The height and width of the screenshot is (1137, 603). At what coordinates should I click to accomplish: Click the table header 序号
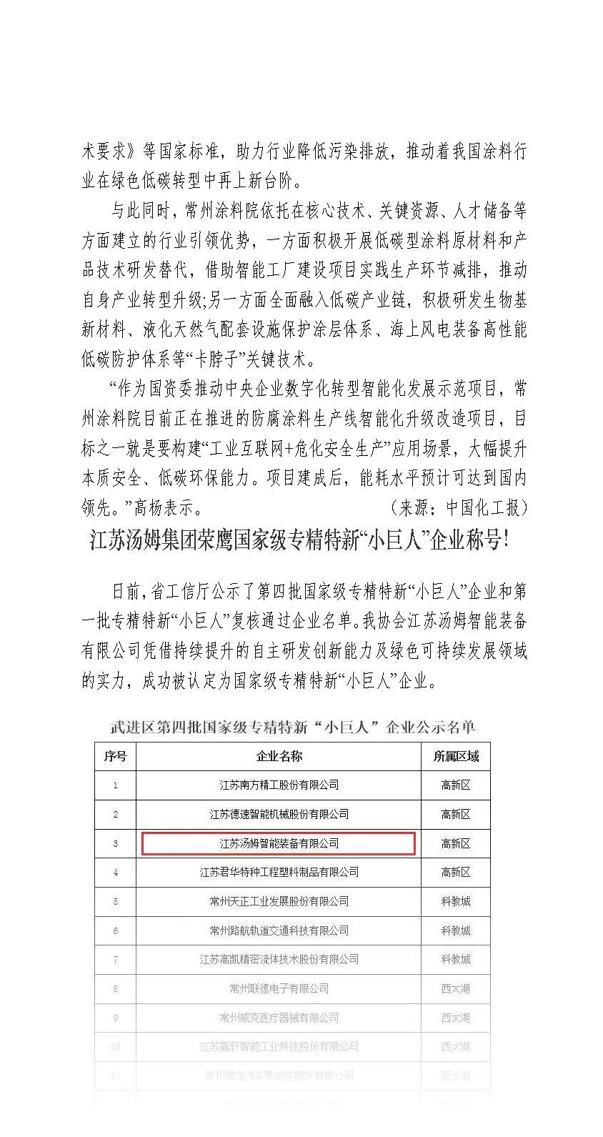coord(115,756)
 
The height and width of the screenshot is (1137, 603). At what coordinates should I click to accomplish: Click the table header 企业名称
coord(279,756)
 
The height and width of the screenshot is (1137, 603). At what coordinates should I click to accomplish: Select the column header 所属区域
coord(456,756)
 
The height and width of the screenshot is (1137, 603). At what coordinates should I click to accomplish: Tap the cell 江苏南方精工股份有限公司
coord(279,785)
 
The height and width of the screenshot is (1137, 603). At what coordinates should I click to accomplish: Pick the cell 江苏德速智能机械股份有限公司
coord(279,814)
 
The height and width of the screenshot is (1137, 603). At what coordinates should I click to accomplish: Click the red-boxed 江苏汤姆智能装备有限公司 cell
coord(279,843)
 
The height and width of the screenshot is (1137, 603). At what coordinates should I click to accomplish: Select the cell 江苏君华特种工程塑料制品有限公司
coord(279,872)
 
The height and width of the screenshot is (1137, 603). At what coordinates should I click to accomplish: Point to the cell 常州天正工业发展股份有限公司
coord(279,901)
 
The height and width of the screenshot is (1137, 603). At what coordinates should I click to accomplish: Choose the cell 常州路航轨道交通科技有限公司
coord(279,930)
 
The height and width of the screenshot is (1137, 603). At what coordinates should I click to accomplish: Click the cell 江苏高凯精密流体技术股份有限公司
coord(279,959)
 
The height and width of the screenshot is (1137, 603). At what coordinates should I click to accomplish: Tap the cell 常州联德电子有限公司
coord(279,988)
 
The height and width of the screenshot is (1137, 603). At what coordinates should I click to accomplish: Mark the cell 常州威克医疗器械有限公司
coord(279,1018)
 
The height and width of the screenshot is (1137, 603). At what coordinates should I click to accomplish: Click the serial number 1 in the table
coord(115,785)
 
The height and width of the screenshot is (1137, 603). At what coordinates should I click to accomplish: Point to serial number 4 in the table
coord(115,873)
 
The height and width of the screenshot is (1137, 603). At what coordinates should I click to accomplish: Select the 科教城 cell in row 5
coord(456,901)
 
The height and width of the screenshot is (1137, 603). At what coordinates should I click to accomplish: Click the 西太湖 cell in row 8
coord(456,988)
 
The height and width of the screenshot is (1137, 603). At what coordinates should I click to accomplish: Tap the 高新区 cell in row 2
coord(456,814)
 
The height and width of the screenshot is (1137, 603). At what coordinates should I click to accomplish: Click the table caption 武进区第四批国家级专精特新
coord(292,728)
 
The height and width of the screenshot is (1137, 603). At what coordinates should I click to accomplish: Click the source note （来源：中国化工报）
coord(458,507)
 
